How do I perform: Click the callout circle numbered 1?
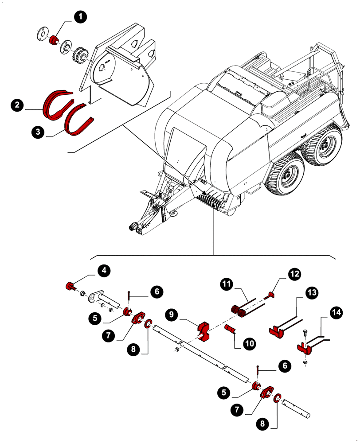pos(80,18)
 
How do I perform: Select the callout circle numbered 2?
pos(17,105)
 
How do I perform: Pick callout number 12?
pos(294,274)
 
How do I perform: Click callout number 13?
pos(311,292)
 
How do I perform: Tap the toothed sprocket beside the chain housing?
pos(81,55)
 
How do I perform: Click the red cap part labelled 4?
pos(70,286)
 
